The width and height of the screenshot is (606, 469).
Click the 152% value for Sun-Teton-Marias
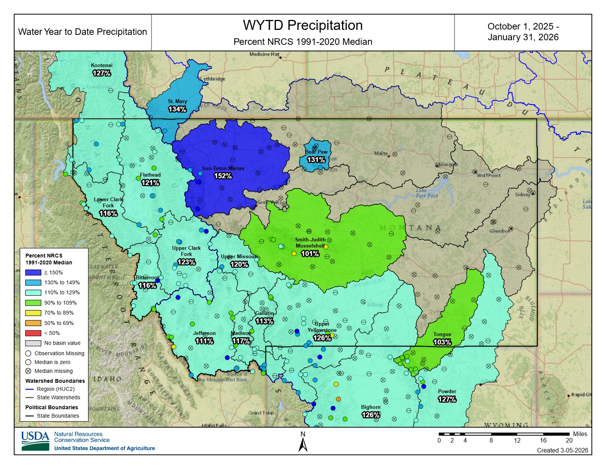coord(223,176)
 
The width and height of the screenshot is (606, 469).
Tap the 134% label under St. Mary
coord(177,109)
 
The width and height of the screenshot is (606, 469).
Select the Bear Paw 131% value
coord(316,160)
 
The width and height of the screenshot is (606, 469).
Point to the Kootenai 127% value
coord(101,73)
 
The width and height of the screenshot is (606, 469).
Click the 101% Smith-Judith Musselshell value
coord(310,254)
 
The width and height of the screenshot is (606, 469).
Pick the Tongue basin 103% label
coord(442,342)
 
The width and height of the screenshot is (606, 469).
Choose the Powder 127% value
coord(447,399)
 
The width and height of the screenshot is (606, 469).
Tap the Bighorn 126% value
coord(370,415)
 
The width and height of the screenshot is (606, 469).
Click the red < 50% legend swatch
coord(33,333)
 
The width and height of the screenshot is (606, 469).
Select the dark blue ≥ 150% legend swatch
coord(33,272)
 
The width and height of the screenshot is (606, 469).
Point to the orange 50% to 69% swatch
coord(33,323)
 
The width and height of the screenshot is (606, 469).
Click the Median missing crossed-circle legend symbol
coord(28,371)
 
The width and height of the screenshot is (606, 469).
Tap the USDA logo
coord(35,441)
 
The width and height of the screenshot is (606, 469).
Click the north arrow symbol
coord(303,445)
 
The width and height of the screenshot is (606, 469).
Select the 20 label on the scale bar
coord(569,440)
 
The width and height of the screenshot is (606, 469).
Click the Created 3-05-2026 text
coord(562,450)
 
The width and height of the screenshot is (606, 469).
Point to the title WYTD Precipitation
coord(303,25)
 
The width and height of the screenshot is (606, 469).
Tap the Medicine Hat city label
coord(264,54)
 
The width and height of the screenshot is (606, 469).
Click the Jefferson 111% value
coord(204,341)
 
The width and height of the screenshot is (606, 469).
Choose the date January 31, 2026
coord(523,37)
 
